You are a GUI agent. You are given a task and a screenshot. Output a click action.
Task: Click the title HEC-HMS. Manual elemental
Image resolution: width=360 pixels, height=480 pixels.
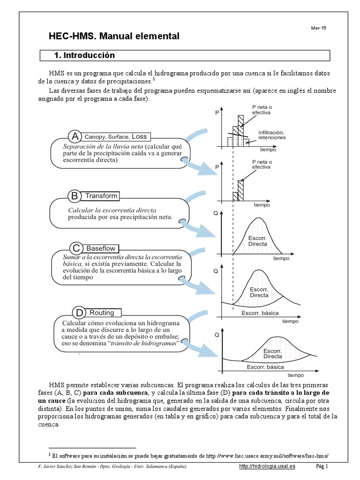click(x=114, y=36)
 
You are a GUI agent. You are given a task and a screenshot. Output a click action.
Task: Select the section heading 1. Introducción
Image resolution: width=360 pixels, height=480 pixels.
click(x=85, y=55)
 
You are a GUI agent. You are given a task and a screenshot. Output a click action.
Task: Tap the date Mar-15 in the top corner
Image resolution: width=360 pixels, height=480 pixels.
click(x=318, y=28)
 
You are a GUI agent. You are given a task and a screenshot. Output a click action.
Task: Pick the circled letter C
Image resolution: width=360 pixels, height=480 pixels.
click(x=76, y=248)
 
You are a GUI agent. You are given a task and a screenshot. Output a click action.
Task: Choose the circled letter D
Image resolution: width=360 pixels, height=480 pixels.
click(x=79, y=313)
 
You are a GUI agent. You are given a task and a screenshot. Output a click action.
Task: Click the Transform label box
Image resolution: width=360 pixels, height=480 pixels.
click(x=101, y=195)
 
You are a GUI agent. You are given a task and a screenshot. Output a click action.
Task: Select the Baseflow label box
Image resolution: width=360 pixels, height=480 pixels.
click(x=101, y=248)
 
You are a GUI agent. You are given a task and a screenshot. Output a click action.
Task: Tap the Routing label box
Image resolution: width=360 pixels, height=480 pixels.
click(x=102, y=313)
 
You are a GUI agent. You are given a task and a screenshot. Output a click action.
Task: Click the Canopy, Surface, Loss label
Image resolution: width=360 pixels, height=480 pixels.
click(x=115, y=137)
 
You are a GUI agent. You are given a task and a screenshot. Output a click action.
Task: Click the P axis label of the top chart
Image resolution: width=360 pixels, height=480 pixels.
click(x=217, y=113)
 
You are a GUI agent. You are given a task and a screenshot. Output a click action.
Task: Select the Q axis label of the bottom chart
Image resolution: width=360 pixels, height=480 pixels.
click(x=217, y=335)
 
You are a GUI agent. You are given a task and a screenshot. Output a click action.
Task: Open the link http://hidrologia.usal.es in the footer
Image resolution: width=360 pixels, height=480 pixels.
click(x=267, y=466)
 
